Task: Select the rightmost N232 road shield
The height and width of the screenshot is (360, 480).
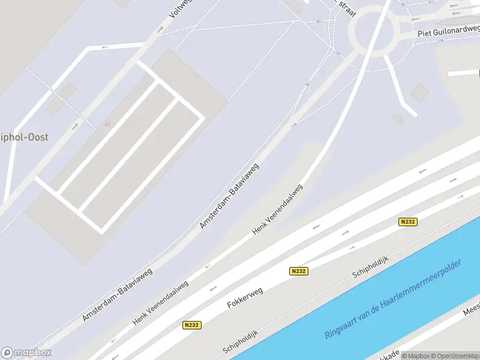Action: click(x=408, y=222)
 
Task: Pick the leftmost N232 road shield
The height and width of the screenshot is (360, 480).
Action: click(x=191, y=325)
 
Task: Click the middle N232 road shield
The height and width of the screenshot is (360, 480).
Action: click(x=298, y=271)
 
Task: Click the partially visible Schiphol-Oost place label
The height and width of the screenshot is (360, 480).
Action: click(x=24, y=137)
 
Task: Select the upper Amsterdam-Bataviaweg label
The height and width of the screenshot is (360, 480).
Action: click(x=229, y=196)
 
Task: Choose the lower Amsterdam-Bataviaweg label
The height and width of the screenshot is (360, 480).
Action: click(x=118, y=294)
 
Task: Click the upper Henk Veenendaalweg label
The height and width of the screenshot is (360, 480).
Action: click(x=278, y=209)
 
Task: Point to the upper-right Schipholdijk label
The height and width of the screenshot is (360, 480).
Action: click(x=370, y=266)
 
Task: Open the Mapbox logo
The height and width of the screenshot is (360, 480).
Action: click(x=26, y=353)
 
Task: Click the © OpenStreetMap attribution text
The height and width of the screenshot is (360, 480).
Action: click(x=452, y=355)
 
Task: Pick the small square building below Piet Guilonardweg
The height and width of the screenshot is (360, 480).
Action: click(x=419, y=92)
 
